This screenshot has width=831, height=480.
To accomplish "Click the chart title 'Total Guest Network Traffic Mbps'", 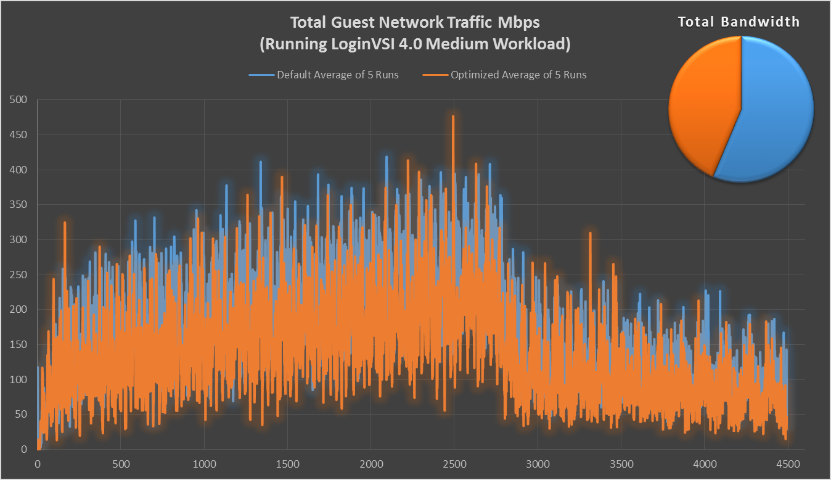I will [415, 23].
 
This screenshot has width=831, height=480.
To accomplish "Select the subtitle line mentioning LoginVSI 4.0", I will [415, 44].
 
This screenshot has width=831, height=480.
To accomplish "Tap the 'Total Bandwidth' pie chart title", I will [739, 22].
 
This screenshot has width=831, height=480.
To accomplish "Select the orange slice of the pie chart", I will [700, 105].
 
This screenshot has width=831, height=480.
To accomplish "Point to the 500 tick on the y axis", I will [19, 99].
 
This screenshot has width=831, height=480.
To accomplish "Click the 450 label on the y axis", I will [19, 134].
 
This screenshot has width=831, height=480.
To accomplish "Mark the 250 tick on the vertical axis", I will [19, 275].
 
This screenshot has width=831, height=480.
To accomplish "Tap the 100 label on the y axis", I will [19, 379].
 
